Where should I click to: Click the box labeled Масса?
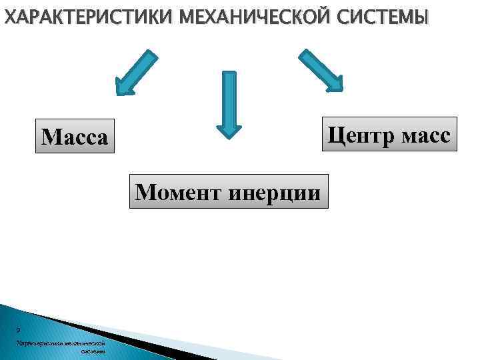coord(74,137)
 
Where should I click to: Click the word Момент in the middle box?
coord(175,192)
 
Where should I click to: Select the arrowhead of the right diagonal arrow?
coord(337,85)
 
